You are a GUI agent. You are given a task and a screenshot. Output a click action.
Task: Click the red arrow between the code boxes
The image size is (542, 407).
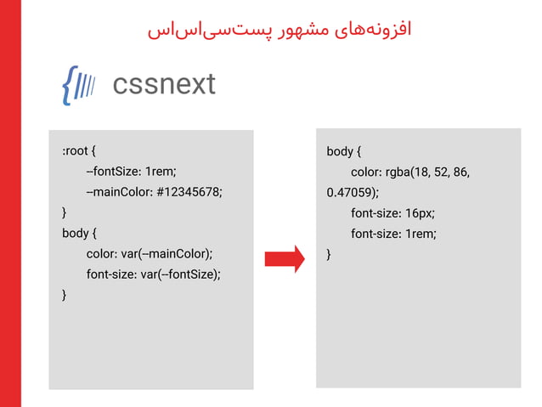pos(284,258)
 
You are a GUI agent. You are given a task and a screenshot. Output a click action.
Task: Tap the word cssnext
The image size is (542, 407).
pos(164,84)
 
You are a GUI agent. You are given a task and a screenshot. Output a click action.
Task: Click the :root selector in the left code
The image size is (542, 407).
pos(75,151)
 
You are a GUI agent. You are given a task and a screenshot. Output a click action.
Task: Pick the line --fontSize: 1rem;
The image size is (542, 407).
pos(131,172)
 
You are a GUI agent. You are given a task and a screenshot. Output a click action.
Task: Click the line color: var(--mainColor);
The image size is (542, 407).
pos(149,253)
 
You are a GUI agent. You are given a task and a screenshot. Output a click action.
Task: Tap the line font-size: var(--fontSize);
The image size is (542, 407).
pos(153,274)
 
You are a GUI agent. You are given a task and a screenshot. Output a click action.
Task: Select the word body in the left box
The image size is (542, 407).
pos(75,233)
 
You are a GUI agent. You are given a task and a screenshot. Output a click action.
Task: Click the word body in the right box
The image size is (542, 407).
pos(339,151)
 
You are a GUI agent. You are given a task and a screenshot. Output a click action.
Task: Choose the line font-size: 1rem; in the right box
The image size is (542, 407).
pos(392,234)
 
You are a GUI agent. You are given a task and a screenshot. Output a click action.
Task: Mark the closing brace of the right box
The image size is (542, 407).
pos(329,254)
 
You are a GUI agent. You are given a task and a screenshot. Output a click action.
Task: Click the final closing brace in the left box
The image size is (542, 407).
pos(65,294)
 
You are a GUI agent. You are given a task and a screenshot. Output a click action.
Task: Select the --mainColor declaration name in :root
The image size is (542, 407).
pos(118,192)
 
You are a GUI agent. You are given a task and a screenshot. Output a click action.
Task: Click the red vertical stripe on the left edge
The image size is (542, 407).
pos(10,204)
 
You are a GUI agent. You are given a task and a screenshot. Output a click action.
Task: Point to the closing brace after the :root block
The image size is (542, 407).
pos(65,212)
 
